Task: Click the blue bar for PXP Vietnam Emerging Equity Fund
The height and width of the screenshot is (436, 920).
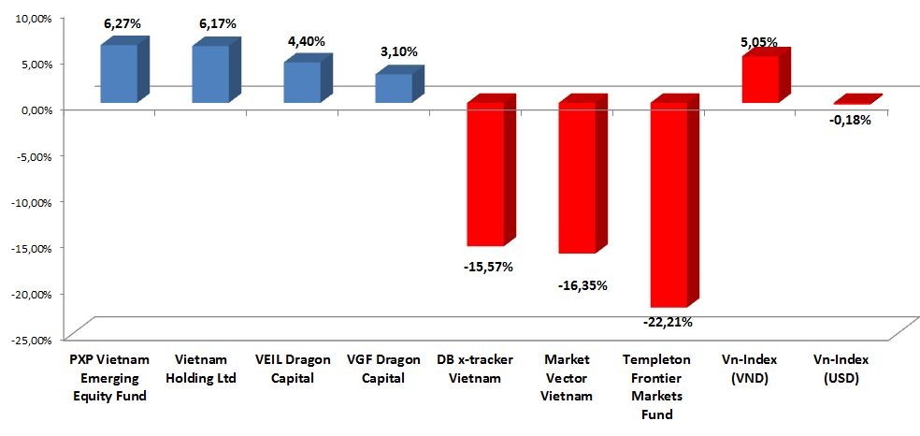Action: click(x=118, y=74)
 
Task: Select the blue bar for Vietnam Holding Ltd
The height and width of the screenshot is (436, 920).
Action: click(x=209, y=74)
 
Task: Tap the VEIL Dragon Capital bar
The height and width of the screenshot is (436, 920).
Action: click(x=301, y=82)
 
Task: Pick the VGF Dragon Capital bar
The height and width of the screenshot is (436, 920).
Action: click(x=393, y=88)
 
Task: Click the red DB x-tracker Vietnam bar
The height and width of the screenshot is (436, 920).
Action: click(x=484, y=174)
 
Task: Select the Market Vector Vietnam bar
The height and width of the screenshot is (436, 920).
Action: click(x=576, y=178)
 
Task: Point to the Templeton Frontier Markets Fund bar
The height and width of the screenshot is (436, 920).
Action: click(x=668, y=205)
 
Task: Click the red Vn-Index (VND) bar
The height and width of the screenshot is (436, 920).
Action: click(x=759, y=80)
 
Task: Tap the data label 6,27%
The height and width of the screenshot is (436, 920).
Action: click(x=121, y=23)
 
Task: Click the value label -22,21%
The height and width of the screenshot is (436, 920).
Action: click(x=668, y=323)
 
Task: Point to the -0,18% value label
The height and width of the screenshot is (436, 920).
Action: click(x=851, y=120)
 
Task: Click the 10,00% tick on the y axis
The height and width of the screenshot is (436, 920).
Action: click(x=30, y=18)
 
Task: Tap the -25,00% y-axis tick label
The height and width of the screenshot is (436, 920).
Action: click(x=29, y=339)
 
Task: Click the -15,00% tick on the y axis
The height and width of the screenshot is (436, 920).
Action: click(x=29, y=247)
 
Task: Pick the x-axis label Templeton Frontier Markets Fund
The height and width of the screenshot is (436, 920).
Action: click(x=668, y=385)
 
